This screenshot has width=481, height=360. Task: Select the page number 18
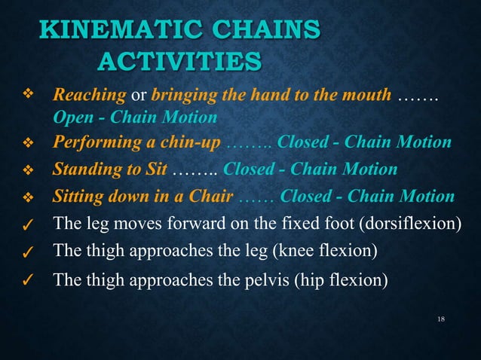pos(442,320)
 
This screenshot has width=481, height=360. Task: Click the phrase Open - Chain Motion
pos(135,118)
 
